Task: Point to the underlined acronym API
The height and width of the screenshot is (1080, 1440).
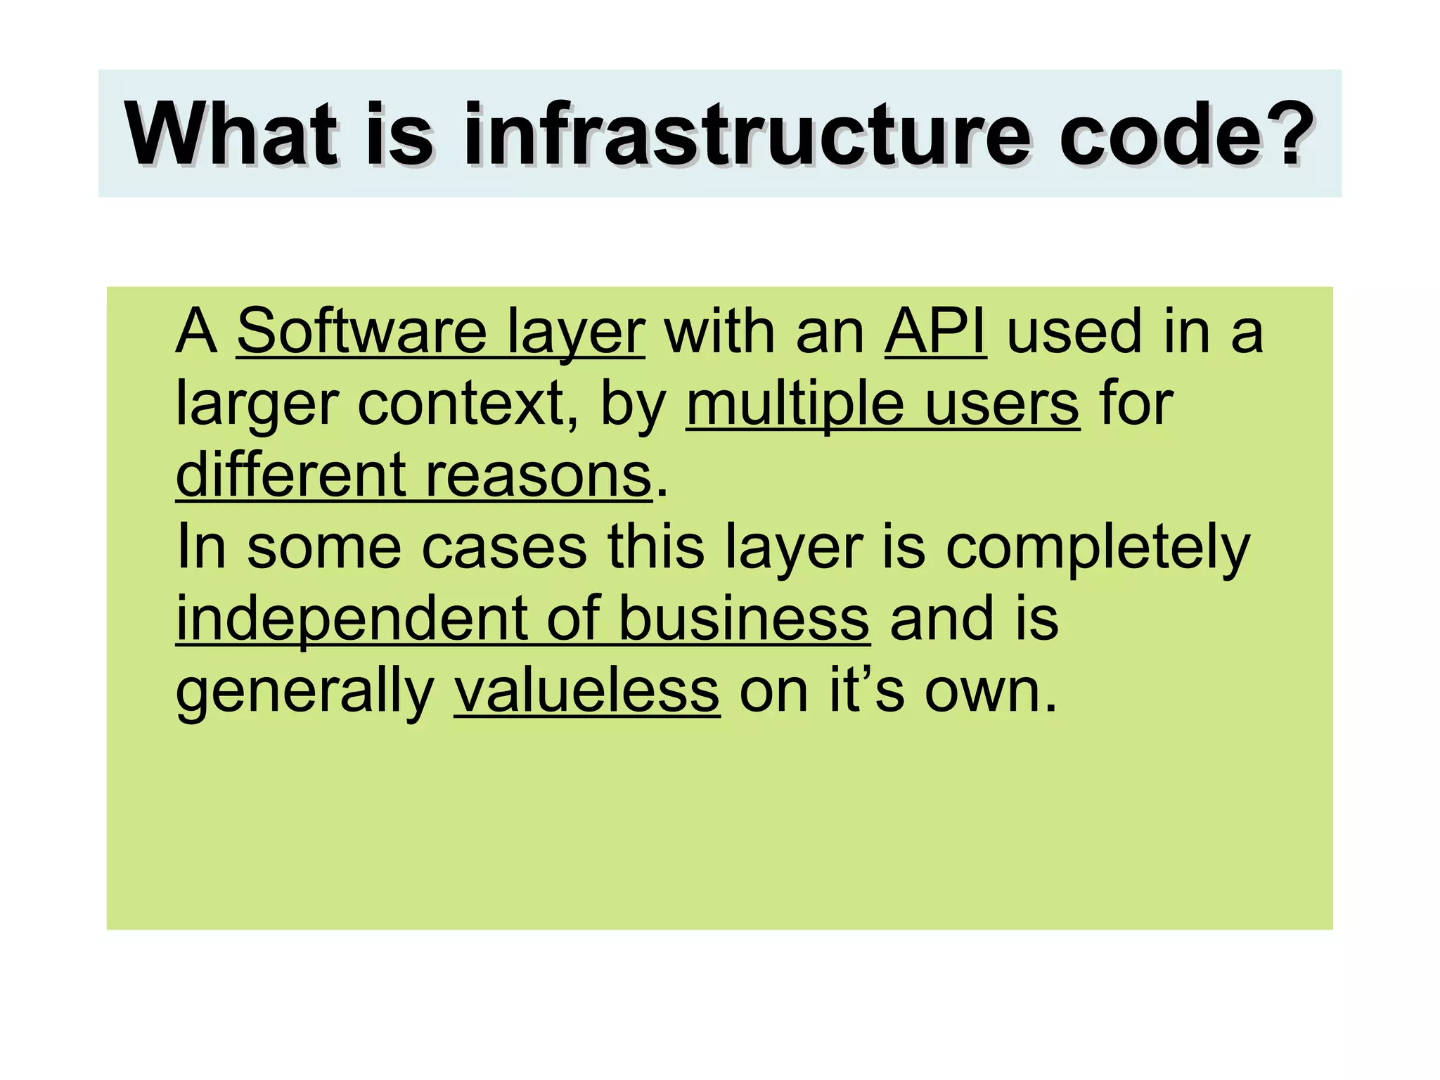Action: coord(935,332)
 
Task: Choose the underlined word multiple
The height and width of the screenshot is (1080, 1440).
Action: coord(795,404)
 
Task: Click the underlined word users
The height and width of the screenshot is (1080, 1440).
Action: coord(1001,404)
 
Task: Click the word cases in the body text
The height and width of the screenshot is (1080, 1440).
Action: coord(503,548)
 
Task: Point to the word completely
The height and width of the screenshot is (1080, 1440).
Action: coord(1097,548)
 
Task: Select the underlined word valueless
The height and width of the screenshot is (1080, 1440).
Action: coord(586,691)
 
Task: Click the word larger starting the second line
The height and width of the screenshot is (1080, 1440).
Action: coord(257,406)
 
